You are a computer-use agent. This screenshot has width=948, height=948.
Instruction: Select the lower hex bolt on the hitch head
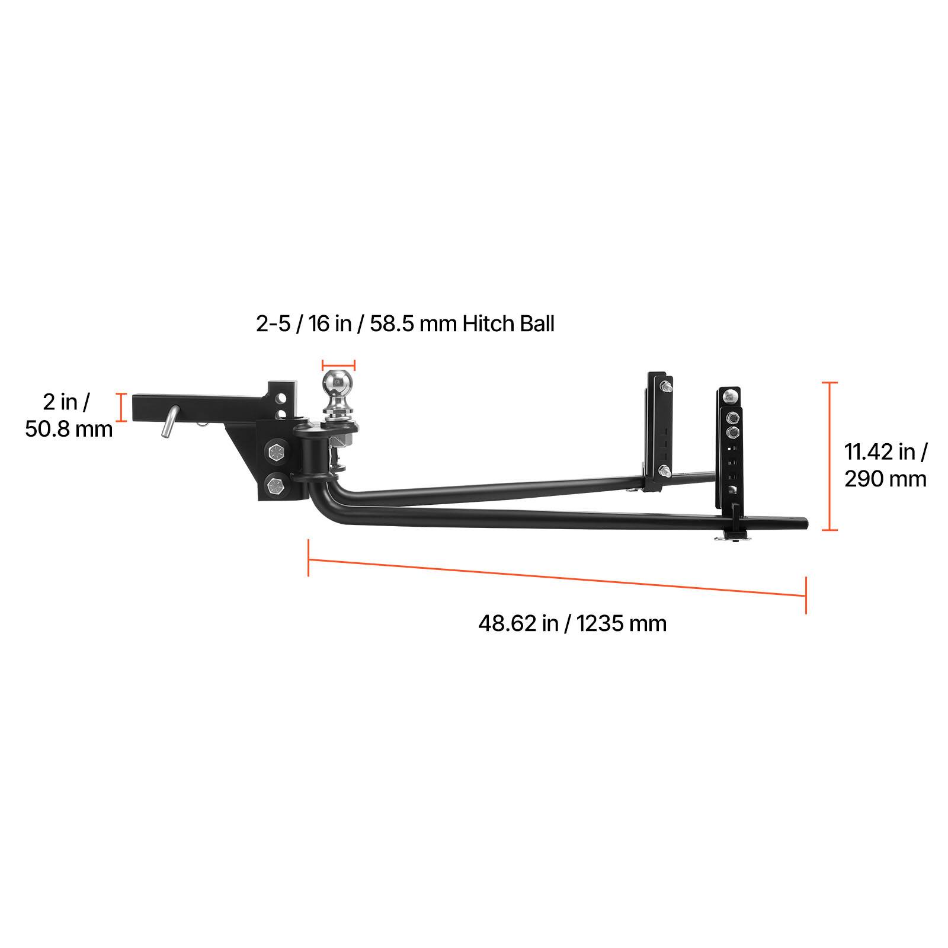coord(276,485)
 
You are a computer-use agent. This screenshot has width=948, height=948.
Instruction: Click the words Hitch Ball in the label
coord(508,324)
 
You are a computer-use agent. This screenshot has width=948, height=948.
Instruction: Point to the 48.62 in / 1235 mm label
coord(572,623)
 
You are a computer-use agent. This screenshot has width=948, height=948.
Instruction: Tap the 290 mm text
coord(885,478)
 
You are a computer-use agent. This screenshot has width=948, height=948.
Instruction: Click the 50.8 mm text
coord(69,428)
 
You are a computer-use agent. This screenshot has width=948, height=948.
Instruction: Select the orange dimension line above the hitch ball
coord(338,366)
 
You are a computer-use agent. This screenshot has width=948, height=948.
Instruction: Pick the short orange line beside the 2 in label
coord(121,407)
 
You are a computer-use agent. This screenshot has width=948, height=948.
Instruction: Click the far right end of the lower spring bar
coord(805,524)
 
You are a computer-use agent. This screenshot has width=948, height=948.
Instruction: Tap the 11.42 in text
coord(885,452)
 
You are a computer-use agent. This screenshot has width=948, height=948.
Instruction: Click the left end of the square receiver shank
coord(136,406)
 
